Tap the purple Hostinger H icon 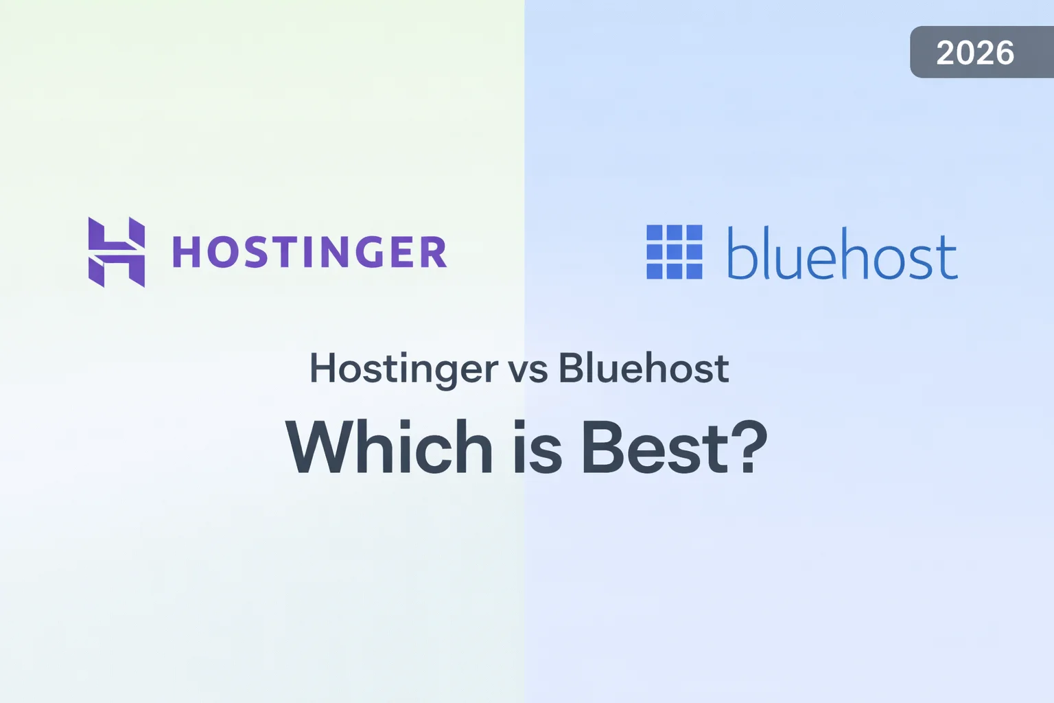coord(117,252)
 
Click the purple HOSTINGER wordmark coord(309,252)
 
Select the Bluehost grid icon coord(675,252)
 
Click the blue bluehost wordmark coord(842,253)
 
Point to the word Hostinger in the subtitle coord(403,369)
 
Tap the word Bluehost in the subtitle coord(643,369)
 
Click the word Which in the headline coord(389,448)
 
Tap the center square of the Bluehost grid coord(675,252)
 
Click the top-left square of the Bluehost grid coord(655,233)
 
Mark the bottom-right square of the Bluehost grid coord(694,271)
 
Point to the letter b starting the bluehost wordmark coord(740,253)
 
